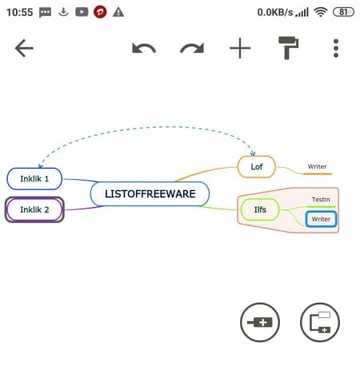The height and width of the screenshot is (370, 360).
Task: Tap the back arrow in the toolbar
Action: (24, 48)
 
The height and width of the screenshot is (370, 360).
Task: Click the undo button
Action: (144, 49)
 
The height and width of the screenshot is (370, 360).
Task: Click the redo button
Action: (192, 49)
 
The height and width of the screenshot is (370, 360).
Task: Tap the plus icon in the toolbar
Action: (240, 48)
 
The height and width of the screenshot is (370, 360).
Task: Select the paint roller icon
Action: (288, 48)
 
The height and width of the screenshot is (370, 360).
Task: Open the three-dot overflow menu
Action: (336, 48)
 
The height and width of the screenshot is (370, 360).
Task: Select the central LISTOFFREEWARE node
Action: (150, 193)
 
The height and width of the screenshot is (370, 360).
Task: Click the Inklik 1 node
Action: (34, 179)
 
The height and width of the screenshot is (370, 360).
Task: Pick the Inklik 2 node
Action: (34, 209)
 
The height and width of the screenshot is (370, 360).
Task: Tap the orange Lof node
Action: (257, 167)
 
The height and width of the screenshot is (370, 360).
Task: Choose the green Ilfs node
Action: (260, 209)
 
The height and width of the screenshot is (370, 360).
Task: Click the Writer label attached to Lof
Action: (318, 167)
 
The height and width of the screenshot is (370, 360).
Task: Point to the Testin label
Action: (321, 200)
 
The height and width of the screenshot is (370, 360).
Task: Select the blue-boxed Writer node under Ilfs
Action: (321, 219)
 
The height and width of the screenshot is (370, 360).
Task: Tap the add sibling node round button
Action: (260, 322)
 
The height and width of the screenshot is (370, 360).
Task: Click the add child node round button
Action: (320, 322)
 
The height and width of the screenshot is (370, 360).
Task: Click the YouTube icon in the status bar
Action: (82, 12)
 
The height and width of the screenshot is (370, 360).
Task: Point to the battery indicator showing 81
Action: (343, 12)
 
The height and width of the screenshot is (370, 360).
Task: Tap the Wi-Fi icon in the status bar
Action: (321, 12)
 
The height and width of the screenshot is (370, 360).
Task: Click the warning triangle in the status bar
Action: (118, 12)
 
